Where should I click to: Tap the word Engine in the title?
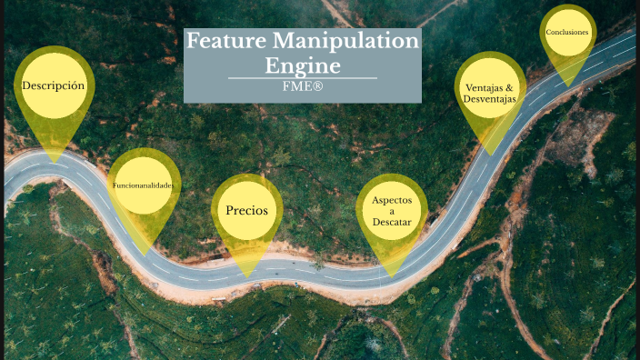click(303, 65)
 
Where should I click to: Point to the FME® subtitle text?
click(303, 85)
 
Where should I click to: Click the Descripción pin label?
click(54, 85)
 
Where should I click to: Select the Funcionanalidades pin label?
click(143, 185)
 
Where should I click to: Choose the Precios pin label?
click(246, 210)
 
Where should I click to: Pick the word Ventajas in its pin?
click(484, 88)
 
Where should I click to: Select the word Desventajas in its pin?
click(489, 99)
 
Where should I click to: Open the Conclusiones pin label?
click(567, 33)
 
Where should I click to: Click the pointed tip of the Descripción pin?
click(54, 163)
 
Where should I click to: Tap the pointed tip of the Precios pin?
click(246, 276)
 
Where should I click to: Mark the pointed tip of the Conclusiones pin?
click(568, 86)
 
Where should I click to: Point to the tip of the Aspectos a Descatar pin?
click(392, 276)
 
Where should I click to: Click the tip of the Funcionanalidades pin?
click(145, 254)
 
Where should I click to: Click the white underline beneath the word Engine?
click(303, 78)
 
